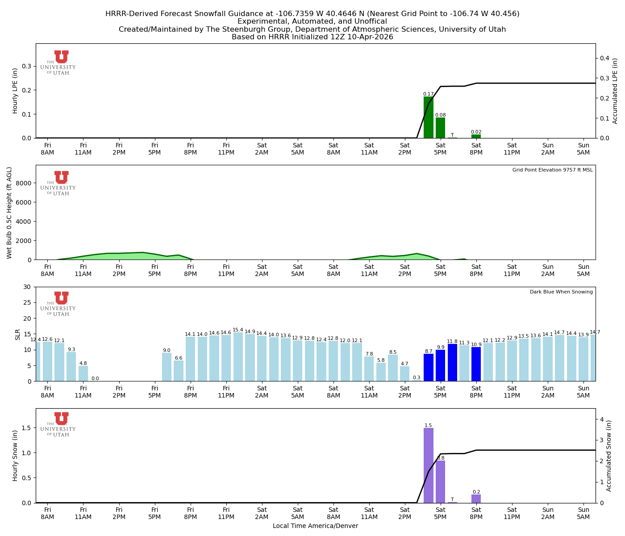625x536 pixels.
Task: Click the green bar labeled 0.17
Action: pos(428,117)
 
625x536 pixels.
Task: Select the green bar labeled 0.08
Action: pos(440,128)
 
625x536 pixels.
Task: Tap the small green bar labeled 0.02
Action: pos(476,136)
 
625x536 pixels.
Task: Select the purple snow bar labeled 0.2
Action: pos(476,498)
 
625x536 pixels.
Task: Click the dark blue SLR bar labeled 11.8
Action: pos(452,363)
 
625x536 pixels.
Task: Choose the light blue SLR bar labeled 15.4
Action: pos(238,357)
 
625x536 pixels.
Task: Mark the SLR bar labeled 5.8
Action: pos(381,372)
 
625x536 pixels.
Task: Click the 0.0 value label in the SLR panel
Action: pos(95,378)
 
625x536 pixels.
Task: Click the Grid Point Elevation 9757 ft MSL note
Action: pos(552,170)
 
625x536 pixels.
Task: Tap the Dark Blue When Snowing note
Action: pos(561,292)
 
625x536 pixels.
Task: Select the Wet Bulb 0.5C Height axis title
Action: pos(9,213)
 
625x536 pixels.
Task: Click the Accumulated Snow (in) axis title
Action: pos(608,456)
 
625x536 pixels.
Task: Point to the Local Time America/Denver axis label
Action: pos(315,526)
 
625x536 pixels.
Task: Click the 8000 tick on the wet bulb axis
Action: pos(25,183)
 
